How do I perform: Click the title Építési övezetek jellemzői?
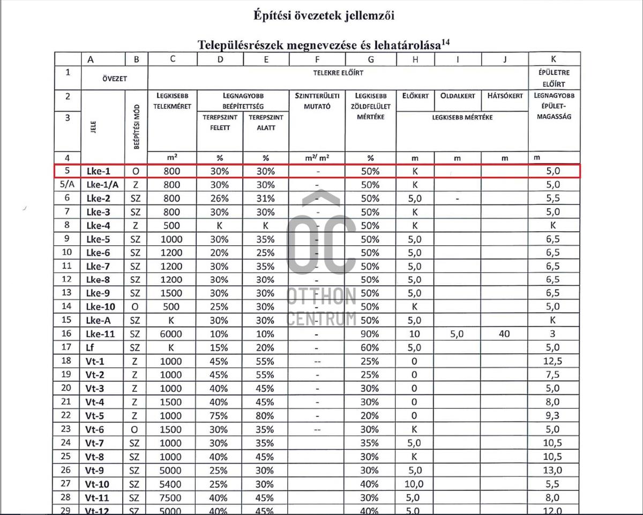pyautogui.click(x=324, y=16)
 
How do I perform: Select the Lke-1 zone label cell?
pyautogui.click(x=99, y=171)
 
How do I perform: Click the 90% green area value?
pyautogui.click(x=370, y=334)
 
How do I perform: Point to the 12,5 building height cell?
pyautogui.click(x=552, y=361)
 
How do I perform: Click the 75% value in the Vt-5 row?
pyautogui.click(x=220, y=415)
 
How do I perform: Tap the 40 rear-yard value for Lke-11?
pyautogui.click(x=504, y=334)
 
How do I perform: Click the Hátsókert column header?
pyautogui.click(x=505, y=96)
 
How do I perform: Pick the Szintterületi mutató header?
pyautogui.click(x=317, y=101)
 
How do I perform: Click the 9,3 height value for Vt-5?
pyautogui.click(x=552, y=415)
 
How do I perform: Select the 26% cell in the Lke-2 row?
pyautogui.click(x=220, y=198)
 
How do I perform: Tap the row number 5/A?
pyautogui.click(x=67, y=185)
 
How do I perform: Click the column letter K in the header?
pyautogui.click(x=554, y=59)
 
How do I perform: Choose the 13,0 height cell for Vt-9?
pyautogui.click(x=552, y=469)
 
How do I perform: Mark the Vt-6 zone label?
pyautogui.click(x=95, y=429)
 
